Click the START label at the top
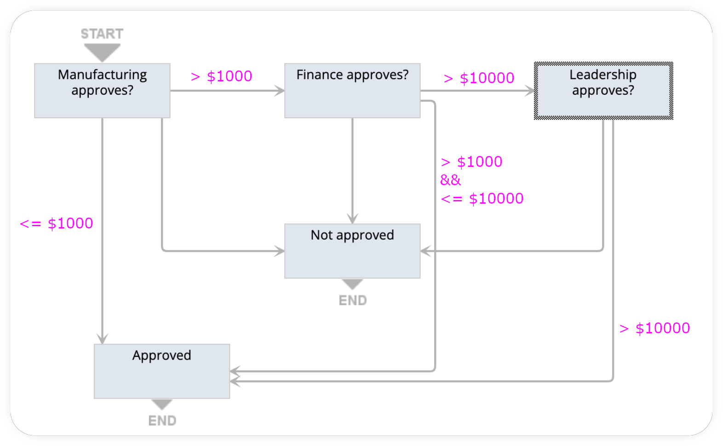click(x=102, y=34)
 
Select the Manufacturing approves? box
click(x=102, y=91)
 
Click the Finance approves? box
click(x=352, y=91)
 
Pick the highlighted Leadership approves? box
click(x=603, y=91)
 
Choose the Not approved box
click(x=352, y=251)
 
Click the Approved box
click(x=162, y=371)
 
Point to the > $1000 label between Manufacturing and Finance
click(x=222, y=76)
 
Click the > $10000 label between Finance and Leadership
click(x=479, y=78)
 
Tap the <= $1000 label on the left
click(x=57, y=223)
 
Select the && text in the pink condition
click(x=450, y=180)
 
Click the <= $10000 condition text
click(x=482, y=199)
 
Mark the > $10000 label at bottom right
click(x=654, y=328)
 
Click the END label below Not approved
click(x=353, y=300)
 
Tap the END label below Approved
click(x=162, y=421)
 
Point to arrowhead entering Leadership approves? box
click(x=530, y=91)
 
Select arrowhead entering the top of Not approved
click(x=352, y=219)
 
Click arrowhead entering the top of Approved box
click(x=102, y=339)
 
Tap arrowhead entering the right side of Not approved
click(x=425, y=251)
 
